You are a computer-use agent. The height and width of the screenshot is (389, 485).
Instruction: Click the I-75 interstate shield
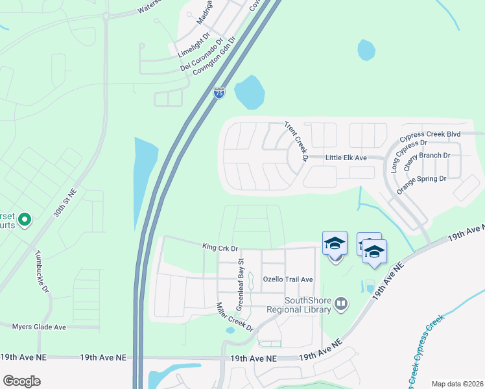coord(219,93)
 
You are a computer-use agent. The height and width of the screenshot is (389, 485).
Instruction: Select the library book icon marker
coord(341,302)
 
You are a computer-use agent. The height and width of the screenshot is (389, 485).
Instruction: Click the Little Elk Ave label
coord(346,158)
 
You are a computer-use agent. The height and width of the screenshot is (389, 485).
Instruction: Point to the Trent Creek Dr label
coord(295,141)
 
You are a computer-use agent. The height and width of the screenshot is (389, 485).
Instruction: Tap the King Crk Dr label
coord(220,248)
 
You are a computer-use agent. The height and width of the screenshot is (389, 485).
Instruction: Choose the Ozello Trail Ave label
coord(288,279)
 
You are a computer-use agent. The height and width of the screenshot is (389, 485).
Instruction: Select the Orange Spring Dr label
coord(421,185)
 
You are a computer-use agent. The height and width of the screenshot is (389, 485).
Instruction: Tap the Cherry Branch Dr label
coord(427,160)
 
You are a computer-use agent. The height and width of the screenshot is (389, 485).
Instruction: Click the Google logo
coord(21,381)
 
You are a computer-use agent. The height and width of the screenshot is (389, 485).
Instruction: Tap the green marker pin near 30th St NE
coord(25,220)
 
